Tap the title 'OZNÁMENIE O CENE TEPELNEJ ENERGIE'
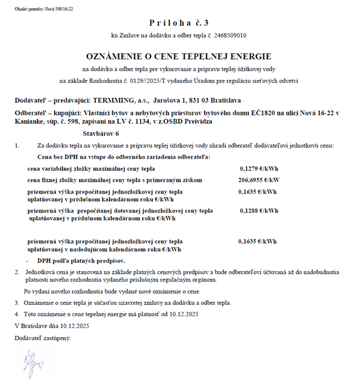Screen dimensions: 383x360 click(x=179, y=56)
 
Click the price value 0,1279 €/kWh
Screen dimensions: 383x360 click(x=257, y=169)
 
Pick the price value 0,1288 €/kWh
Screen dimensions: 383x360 click(x=257, y=211)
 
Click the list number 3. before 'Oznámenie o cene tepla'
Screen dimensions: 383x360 click(x=17, y=303)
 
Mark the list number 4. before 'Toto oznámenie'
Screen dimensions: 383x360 click(x=17, y=314)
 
